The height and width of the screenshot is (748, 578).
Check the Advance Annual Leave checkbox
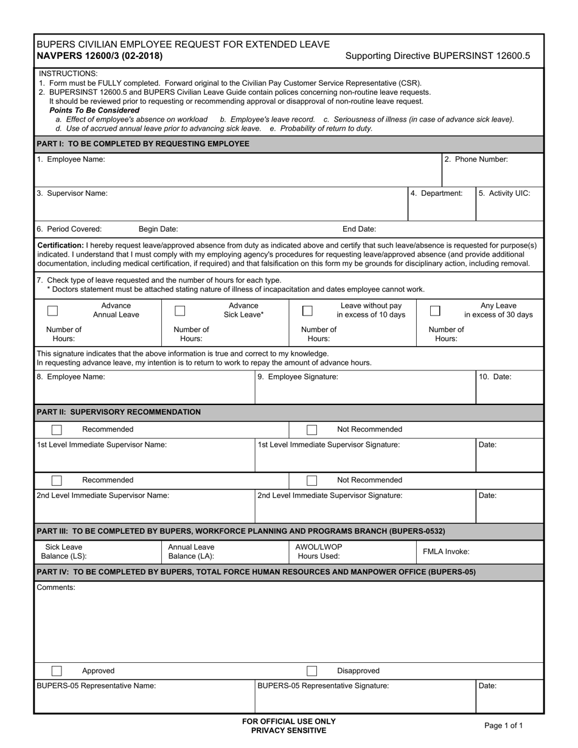53,311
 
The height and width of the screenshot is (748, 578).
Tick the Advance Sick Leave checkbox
180,311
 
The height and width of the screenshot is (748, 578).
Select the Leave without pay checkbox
308,311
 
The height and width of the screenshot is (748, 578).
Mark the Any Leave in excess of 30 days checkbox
435,311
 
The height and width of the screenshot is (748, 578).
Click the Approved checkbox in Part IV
57,671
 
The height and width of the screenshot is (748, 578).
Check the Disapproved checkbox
312,671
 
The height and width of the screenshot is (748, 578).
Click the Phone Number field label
476,159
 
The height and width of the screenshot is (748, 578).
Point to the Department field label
436,193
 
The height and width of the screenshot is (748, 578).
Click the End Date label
359,229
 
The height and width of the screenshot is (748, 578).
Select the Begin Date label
158,229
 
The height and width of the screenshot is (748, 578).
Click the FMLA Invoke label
446,552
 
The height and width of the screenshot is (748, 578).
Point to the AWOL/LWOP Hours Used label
319,552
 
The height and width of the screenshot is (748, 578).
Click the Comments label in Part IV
56,587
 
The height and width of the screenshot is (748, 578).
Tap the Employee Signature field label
298,377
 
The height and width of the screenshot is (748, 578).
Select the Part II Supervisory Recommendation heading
119,412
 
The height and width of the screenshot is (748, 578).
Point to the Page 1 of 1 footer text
503,725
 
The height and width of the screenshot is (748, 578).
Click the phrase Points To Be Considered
94,111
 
